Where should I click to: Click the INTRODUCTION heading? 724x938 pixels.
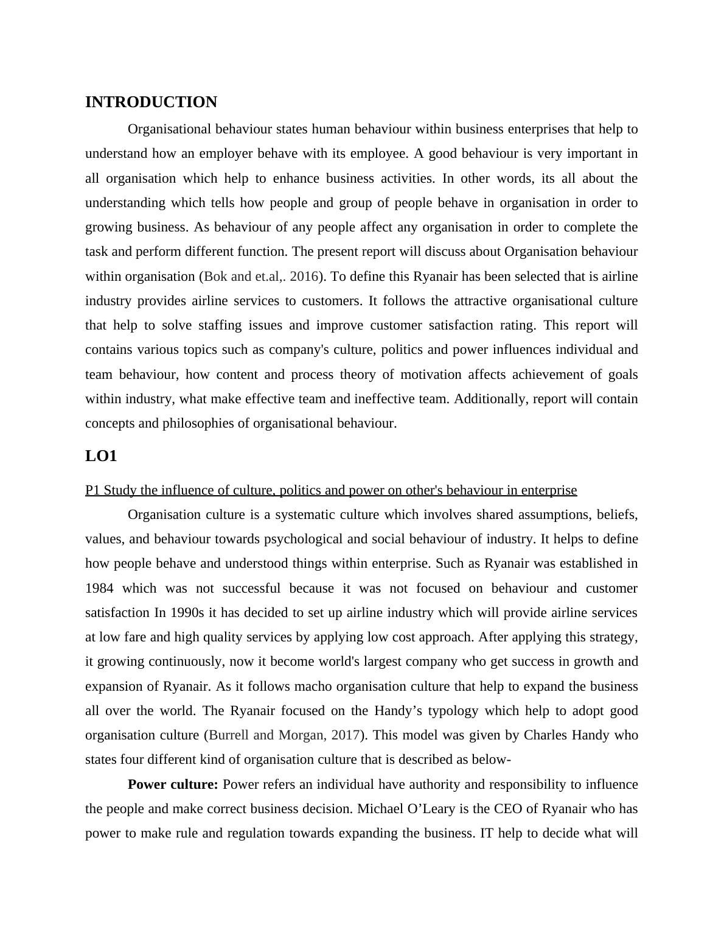(x=151, y=102)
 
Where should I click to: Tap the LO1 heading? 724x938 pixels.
(x=101, y=456)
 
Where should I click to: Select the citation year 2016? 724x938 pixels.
(x=304, y=277)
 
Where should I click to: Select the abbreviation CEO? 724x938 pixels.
(x=509, y=809)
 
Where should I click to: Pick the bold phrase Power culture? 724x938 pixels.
(x=173, y=785)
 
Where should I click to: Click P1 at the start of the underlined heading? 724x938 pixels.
(x=92, y=490)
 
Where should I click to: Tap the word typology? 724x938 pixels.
(x=454, y=711)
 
